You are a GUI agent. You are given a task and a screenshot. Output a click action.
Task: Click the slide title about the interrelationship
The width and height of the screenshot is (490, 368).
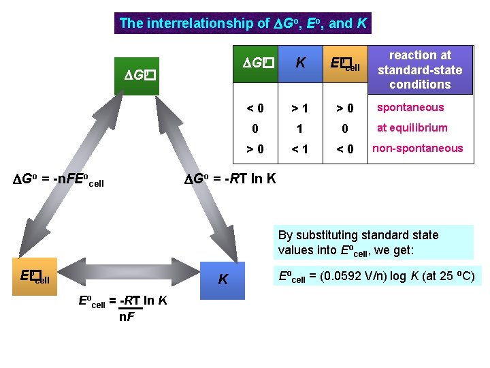click(x=243, y=23)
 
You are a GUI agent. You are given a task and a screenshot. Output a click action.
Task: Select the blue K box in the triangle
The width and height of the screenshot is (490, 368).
click(x=223, y=279)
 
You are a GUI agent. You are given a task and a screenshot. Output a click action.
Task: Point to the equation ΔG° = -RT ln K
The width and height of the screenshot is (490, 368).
click(x=231, y=181)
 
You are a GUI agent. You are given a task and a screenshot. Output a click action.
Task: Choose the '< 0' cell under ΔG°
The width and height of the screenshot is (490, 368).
click(x=255, y=108)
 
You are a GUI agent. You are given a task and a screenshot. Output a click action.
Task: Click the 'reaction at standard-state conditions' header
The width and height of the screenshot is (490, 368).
click(x=420, y=70)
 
